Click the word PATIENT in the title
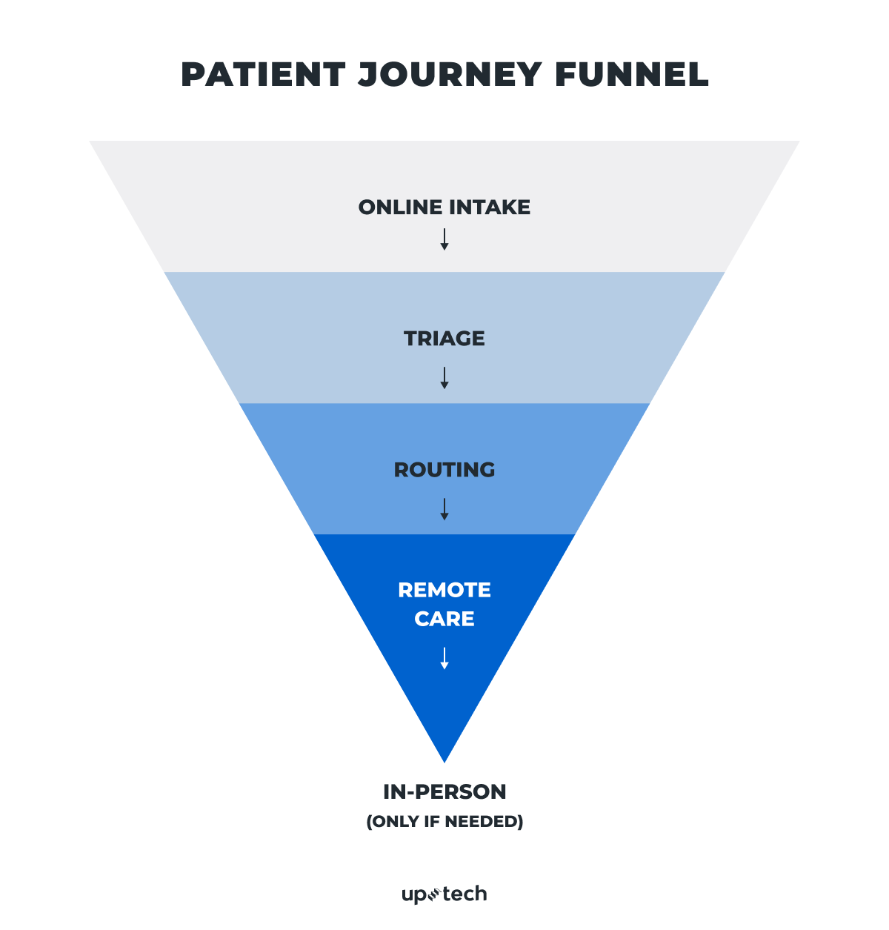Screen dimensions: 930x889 click(x=263, y=75)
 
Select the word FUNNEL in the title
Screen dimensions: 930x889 click(x=631, y=75)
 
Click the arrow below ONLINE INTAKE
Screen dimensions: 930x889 click(x=444, y=239)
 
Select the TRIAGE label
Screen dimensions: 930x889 click(x=444, y=339)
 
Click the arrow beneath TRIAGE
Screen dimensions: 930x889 click(x=444, y=378)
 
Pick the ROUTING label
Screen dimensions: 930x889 click(x=444, y=470)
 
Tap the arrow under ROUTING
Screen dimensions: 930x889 click(x=444, y=509)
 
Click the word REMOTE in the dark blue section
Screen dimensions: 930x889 click(x=444, y=590)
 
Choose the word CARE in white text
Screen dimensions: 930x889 click(x=444, y=619)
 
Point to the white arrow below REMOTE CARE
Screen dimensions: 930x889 click(x=444, y=658)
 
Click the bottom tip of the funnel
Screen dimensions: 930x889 click(x=444, y=757)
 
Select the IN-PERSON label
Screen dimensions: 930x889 click(x=444, y=792)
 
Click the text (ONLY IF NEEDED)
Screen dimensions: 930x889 click(x=444, y=822)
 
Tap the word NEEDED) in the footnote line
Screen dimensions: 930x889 click(x=492, y=822)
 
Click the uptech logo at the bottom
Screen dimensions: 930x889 click(x=444, y=894)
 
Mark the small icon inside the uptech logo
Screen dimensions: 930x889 click(x=435, y=894)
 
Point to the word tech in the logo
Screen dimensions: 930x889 click(x=465, y=894)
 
